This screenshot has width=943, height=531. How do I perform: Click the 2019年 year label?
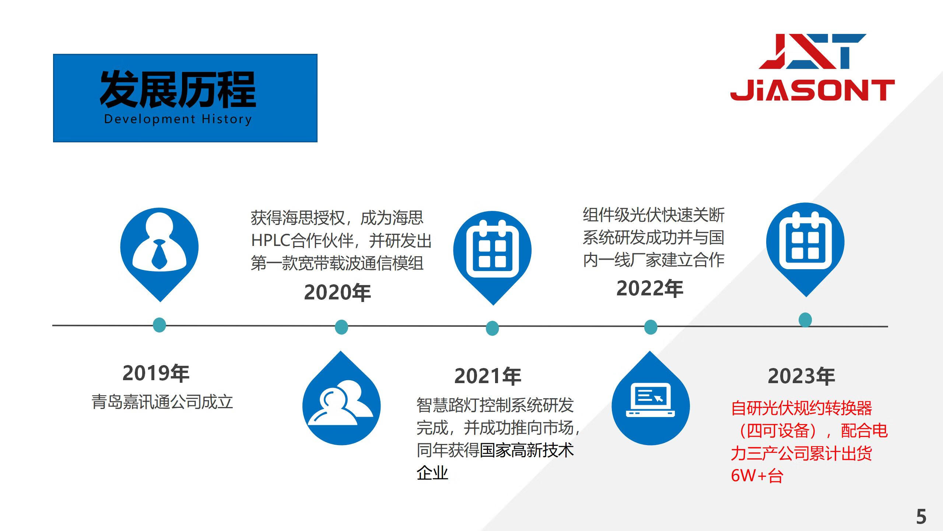coord(156,373)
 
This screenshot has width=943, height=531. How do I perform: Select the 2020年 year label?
coord(337,293)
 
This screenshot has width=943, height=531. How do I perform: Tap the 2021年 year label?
coord(488,376)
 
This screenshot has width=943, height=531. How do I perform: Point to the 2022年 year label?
coord(650,288)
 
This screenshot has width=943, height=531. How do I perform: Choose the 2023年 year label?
coord(801,376)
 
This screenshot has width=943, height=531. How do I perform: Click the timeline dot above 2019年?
coord(159,325)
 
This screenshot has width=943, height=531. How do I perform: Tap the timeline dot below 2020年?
coord(341,327)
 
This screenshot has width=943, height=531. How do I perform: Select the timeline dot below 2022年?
coord(651,327)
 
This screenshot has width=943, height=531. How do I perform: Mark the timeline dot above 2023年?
coord(805,320)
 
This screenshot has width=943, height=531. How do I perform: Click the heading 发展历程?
coord(178,89)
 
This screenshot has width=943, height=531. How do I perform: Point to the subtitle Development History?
coord(178,119)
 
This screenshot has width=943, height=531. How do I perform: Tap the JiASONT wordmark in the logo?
coord(813,91)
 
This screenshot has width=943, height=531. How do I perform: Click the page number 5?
coord(921,517)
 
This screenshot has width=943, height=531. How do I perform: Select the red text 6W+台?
coord(757,476)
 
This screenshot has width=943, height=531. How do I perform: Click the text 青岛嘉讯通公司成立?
coord(162,402)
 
